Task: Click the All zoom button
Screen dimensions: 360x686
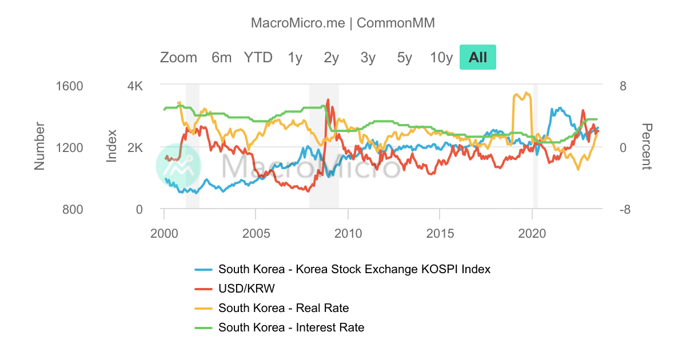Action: pos(477,57)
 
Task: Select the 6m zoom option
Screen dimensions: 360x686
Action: pos(221,57)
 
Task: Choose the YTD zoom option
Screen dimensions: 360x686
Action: pos(258,57)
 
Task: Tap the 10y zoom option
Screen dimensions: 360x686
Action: pos(441,57)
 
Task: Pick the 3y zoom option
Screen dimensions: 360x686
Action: pos(368,57)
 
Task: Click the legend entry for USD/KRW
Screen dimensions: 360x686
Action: pos(250,289)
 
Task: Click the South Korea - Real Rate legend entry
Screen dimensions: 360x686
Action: pos(283,308)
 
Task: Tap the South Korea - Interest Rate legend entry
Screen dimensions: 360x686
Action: pos(291,327)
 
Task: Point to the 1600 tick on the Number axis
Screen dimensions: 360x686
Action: pos(70,86)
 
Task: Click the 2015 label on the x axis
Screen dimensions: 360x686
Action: pos(439,233)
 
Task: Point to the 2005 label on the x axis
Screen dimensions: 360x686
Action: pos(256,233)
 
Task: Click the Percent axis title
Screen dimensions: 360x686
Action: pos(646,147)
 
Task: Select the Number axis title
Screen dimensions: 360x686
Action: pos(39,146)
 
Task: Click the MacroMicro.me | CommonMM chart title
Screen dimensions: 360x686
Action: pos(343,23)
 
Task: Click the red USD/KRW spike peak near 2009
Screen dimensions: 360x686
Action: pos(328,101)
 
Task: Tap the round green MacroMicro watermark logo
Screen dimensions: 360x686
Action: pos(179,166)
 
